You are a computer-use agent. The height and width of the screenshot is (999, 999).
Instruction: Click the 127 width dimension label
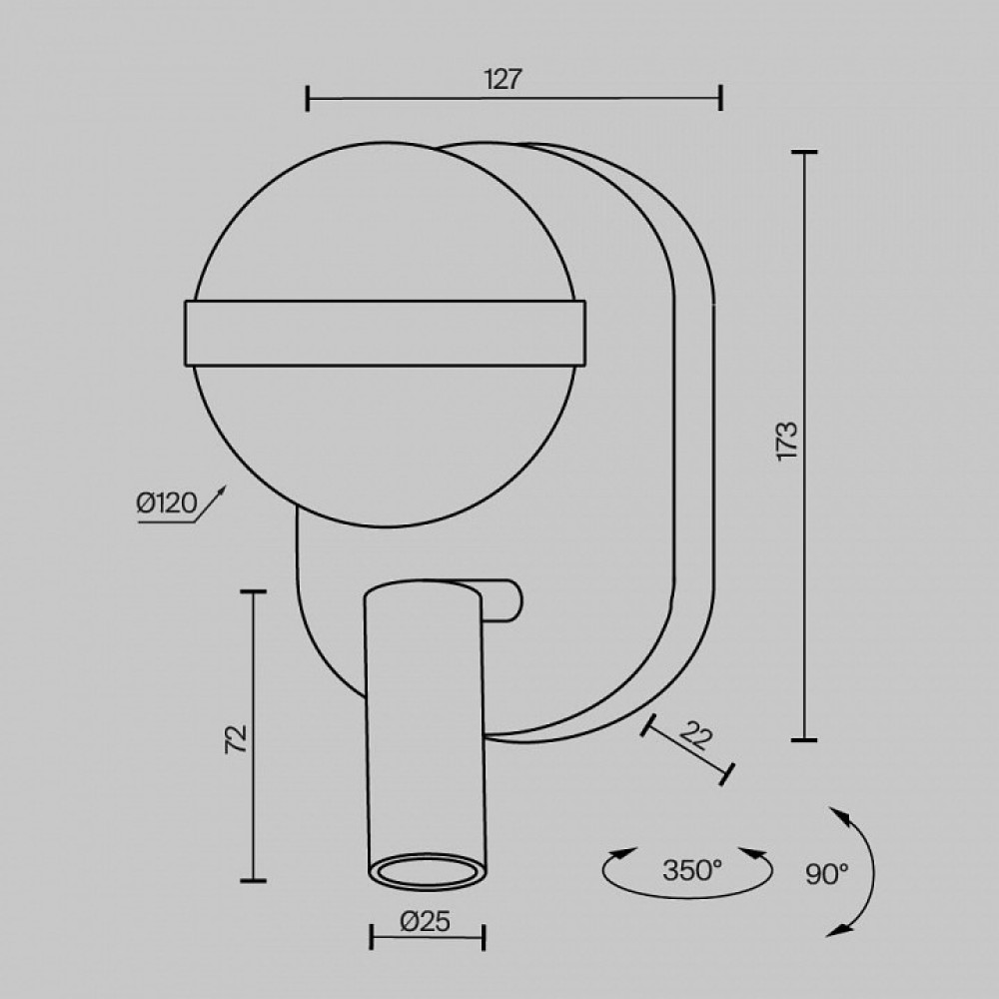502,80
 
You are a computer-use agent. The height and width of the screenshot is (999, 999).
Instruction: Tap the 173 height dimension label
787,441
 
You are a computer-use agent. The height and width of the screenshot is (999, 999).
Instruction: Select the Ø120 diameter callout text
166,503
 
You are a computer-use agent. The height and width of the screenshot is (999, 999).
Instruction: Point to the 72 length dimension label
237,739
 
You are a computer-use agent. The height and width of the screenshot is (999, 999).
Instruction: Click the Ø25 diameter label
426,921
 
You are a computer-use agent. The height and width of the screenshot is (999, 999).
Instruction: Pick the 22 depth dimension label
695,736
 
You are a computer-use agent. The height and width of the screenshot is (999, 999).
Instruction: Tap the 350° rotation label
692,870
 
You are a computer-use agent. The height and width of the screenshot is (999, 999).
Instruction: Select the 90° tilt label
827,874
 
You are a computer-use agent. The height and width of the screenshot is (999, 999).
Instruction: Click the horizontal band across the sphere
385,334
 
